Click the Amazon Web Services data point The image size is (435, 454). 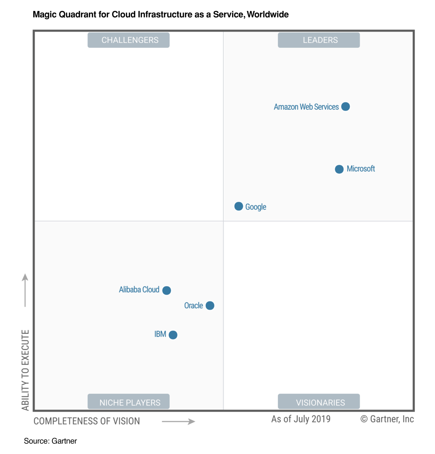[345, 106]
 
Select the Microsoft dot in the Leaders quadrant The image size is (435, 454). [339, 169]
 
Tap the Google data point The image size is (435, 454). [239, 206]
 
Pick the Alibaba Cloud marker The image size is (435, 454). [167, 290]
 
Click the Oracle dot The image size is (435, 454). [210, 305]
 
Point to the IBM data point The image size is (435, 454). [173, 335]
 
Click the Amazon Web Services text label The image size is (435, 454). [306, 107]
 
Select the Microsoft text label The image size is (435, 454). [361, 169]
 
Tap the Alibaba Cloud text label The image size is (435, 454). [139, 289]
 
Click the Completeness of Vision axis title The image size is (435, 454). [87, 421]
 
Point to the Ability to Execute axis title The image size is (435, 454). [25, 370]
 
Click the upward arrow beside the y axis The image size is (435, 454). [25, 290]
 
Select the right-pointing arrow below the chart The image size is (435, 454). [178, 421]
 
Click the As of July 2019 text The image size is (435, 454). [301, 419]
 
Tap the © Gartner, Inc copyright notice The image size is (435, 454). [387, 419]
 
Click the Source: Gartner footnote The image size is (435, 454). [50, 441]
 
